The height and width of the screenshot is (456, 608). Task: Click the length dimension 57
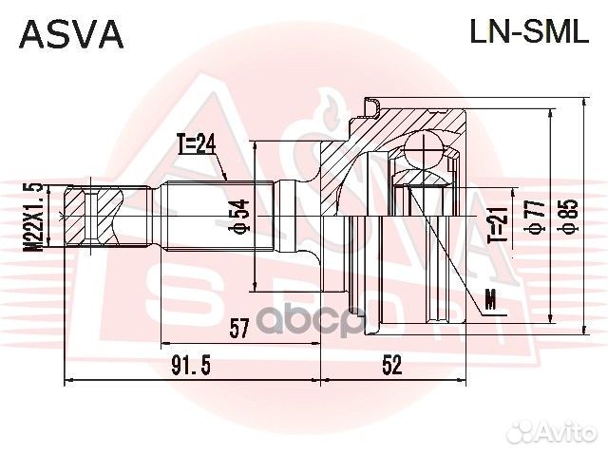coord(238,330)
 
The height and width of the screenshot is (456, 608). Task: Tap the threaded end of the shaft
coord(92,216)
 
